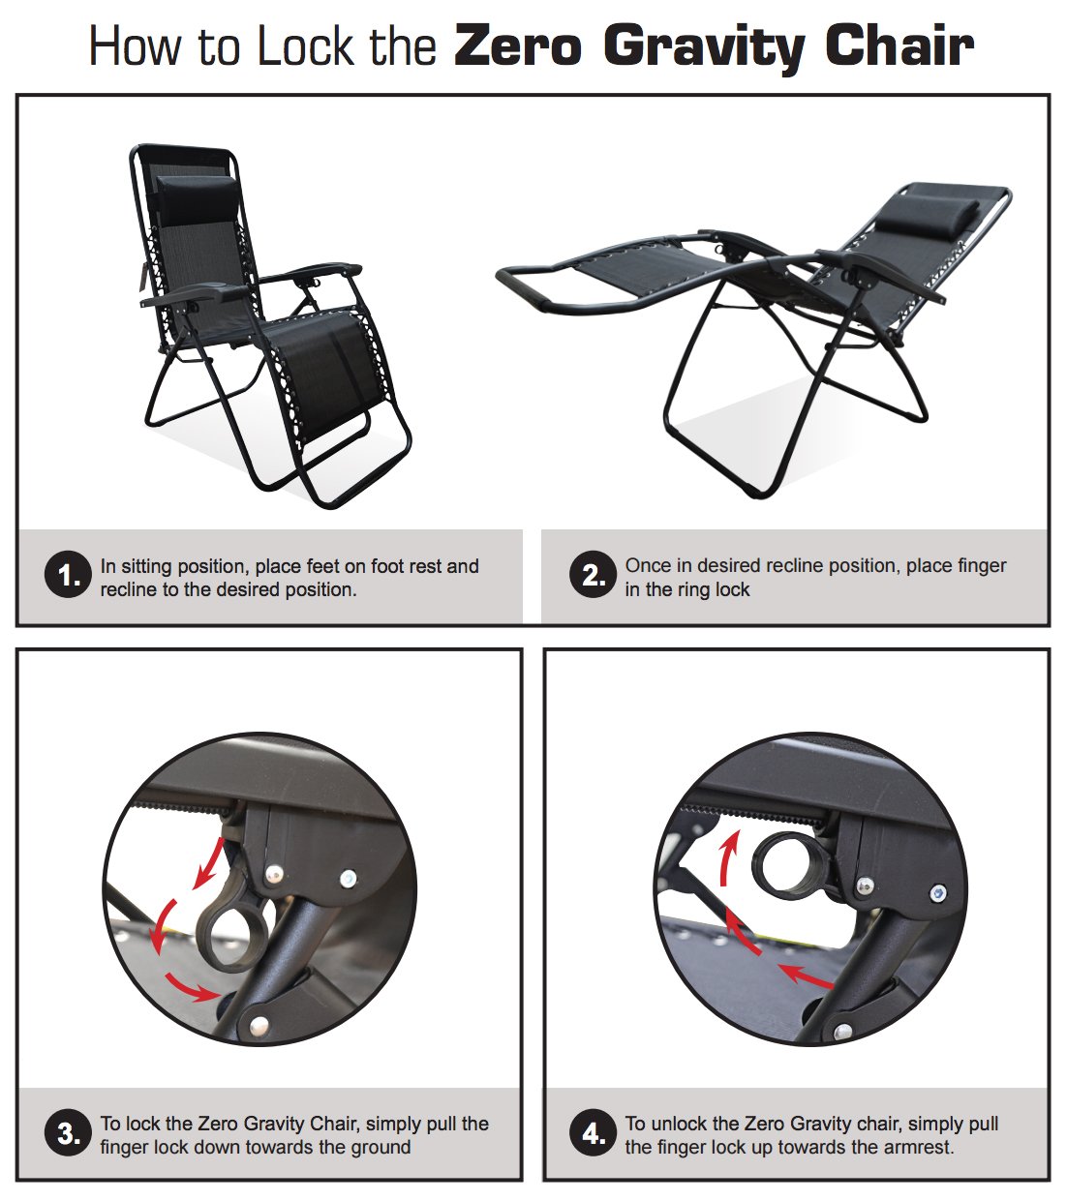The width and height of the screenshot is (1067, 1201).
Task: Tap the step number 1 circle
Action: [x=69, y=576]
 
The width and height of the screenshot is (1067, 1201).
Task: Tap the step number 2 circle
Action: [x=594, y=576]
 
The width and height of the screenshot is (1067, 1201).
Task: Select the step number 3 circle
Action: [x=69, y=1133]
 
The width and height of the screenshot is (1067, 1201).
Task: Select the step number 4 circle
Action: [x=594, y=1133]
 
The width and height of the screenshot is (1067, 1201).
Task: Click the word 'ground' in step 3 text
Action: [x=379, y=1148]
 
